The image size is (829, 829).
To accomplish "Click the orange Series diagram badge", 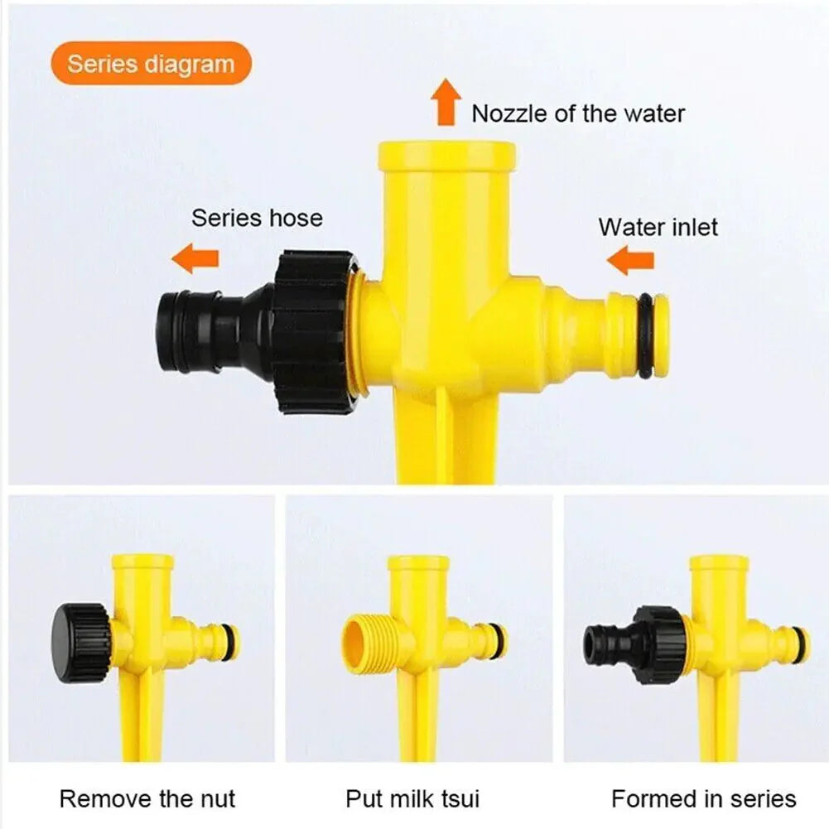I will click(151, 64).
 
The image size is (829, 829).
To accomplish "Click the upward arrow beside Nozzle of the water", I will click(446, 102).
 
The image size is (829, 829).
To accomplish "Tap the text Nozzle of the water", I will click(578, 113).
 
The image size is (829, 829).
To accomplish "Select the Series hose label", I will click(257, 218).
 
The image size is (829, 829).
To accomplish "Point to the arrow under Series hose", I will click(195, 258).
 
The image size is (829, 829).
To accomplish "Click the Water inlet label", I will click(658, 226).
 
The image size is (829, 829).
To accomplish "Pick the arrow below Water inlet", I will click(630, 262).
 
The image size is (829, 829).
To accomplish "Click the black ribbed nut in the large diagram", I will click(313, 331).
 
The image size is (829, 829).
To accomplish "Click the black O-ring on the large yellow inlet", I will click(645, 335).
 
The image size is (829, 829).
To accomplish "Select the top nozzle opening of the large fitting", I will click(446, 155).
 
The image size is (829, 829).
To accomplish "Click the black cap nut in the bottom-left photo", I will click(80, 642).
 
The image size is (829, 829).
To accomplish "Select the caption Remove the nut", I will click(147, 798).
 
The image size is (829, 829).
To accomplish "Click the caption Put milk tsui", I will click(412, 798).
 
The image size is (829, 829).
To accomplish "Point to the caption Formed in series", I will click(703, 798).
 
